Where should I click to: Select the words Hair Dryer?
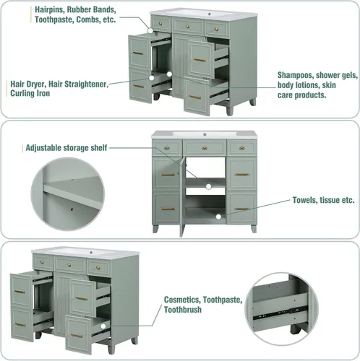28,84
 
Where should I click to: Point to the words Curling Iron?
30,93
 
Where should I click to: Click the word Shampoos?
296,75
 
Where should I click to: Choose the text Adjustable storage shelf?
67,148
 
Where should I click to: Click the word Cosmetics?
182,300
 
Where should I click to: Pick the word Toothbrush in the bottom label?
183,310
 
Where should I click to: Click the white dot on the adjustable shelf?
209,186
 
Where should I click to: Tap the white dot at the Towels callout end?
218,217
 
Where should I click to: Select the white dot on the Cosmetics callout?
103,326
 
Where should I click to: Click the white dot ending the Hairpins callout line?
150,30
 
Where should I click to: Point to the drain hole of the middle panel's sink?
205,134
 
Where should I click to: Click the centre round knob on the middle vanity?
205,148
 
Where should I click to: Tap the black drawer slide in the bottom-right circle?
280,313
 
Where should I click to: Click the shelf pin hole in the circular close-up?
72,209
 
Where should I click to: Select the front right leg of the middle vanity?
254,229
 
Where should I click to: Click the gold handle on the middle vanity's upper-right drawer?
242,175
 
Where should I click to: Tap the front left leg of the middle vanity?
155,229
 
